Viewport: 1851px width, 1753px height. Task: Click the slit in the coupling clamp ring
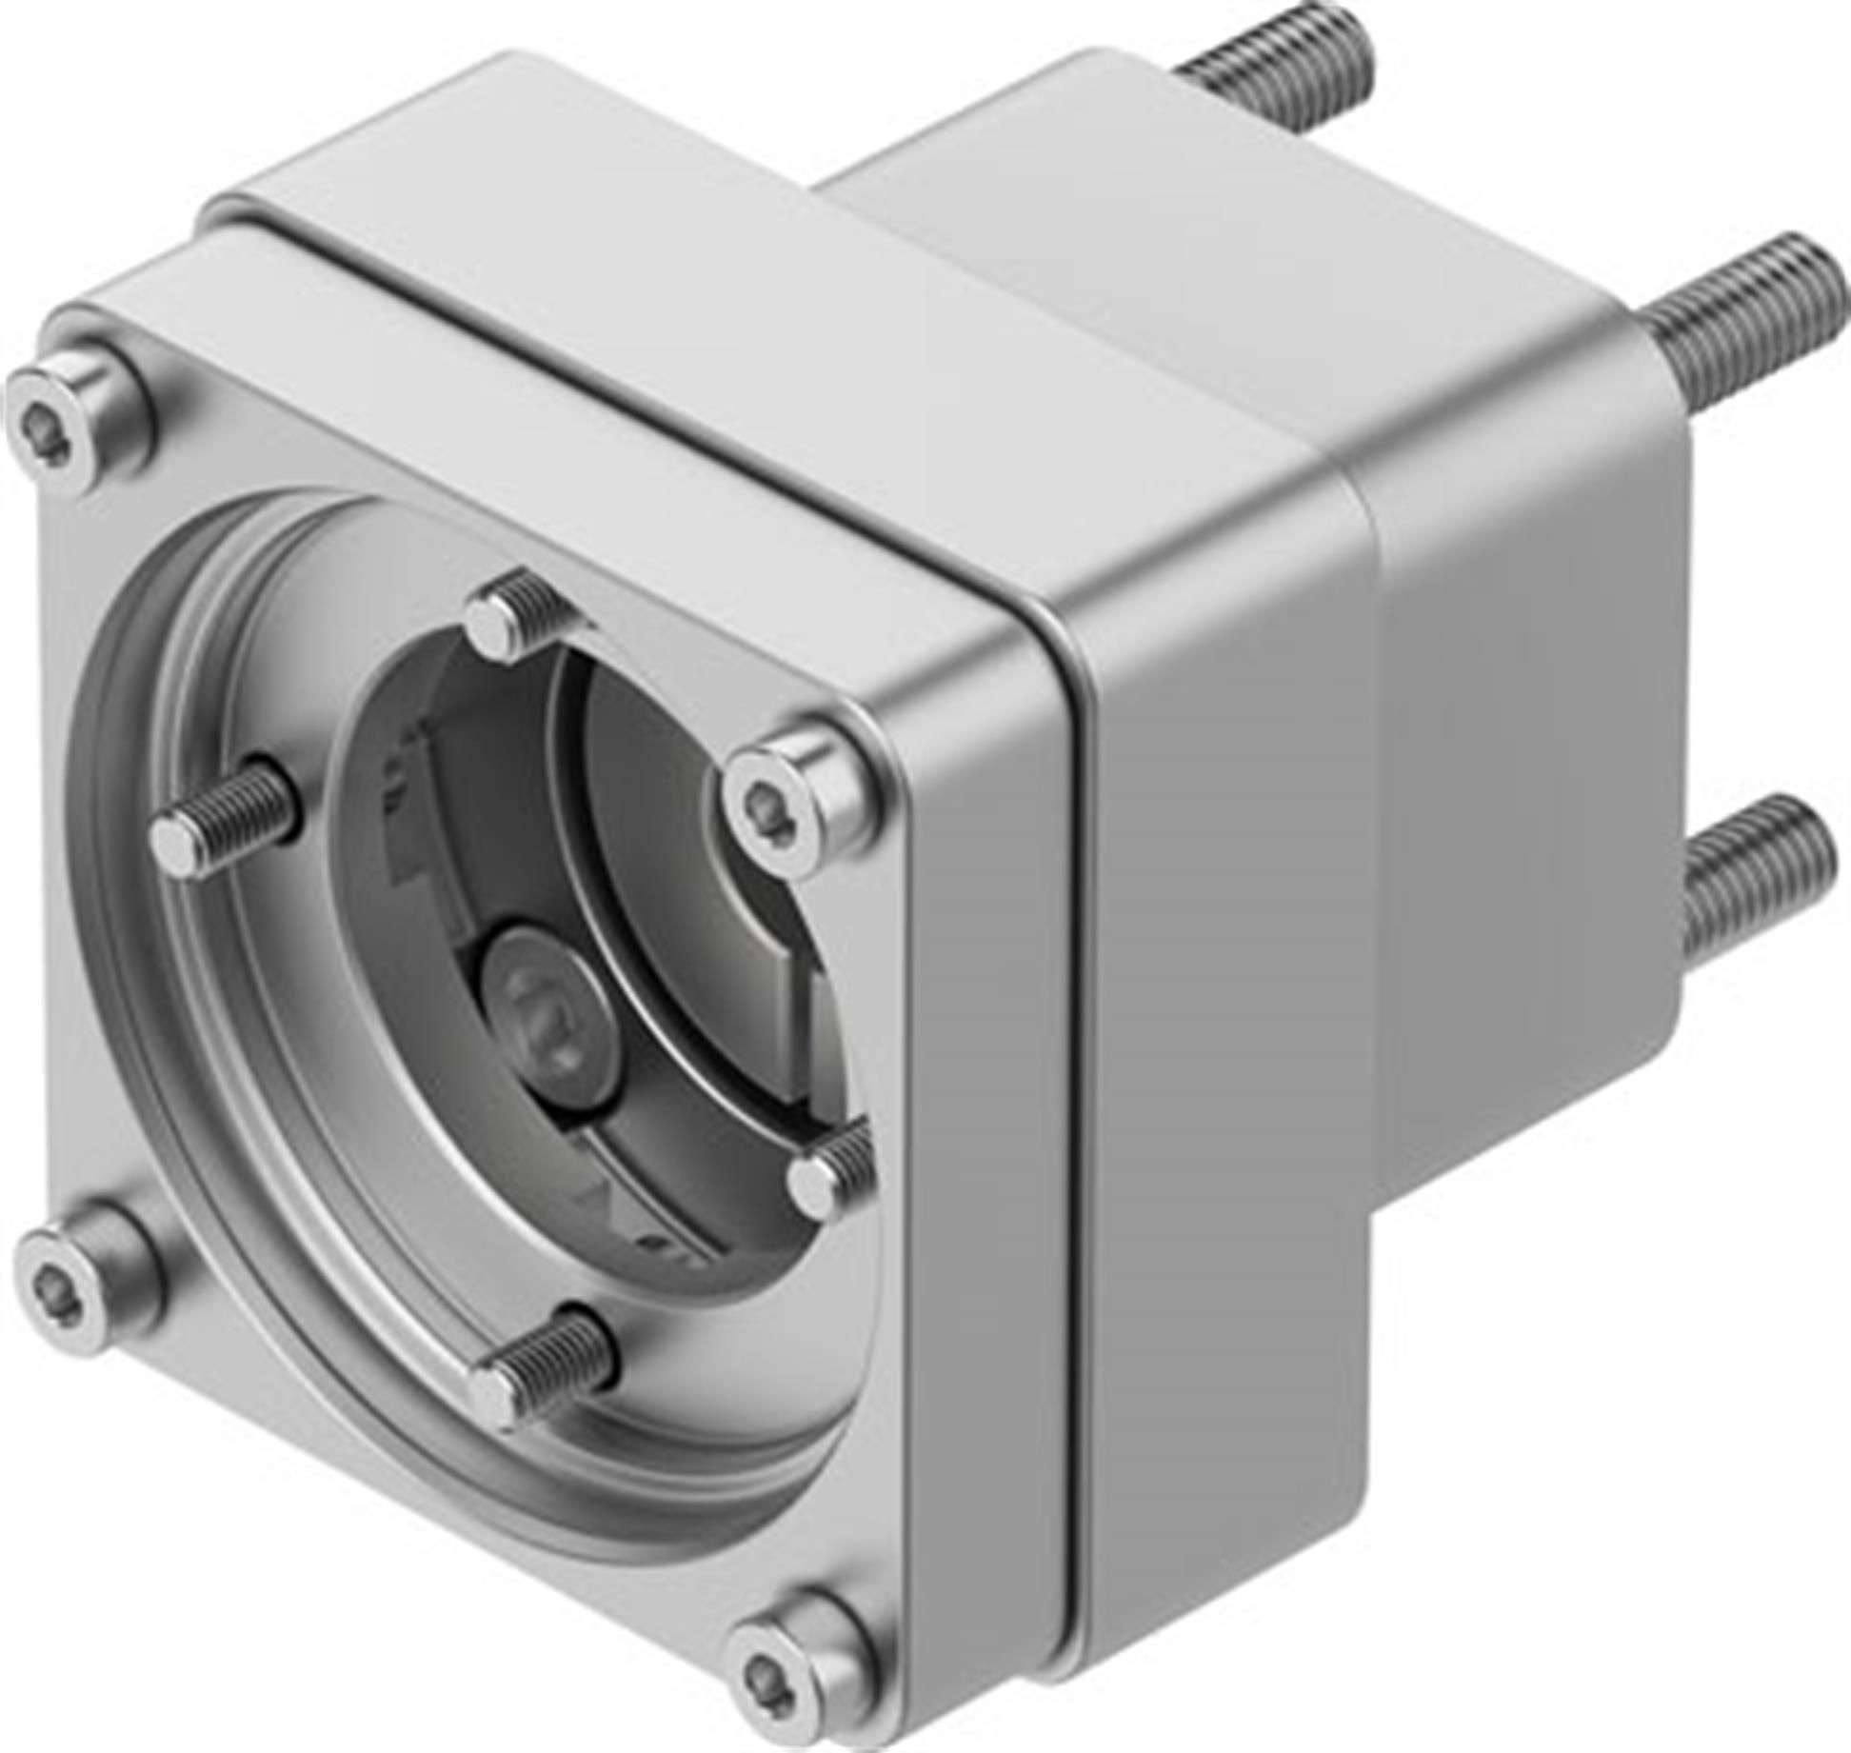pyautogui.click(x=795, y=990)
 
